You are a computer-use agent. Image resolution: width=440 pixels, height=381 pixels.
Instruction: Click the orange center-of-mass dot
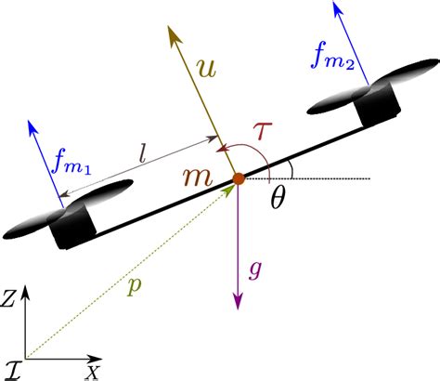[239, 178]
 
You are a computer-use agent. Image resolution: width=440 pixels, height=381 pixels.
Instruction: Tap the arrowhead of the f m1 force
[33, 121]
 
